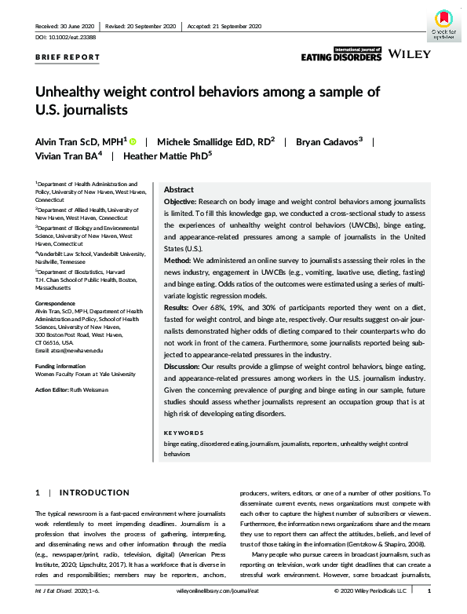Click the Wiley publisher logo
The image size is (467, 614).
coord(409,56)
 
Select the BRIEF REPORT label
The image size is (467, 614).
coord(67,57)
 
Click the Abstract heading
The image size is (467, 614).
coord(179,190)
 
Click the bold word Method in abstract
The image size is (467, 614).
coord(180,260)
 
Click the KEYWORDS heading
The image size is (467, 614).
coord(184,433)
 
